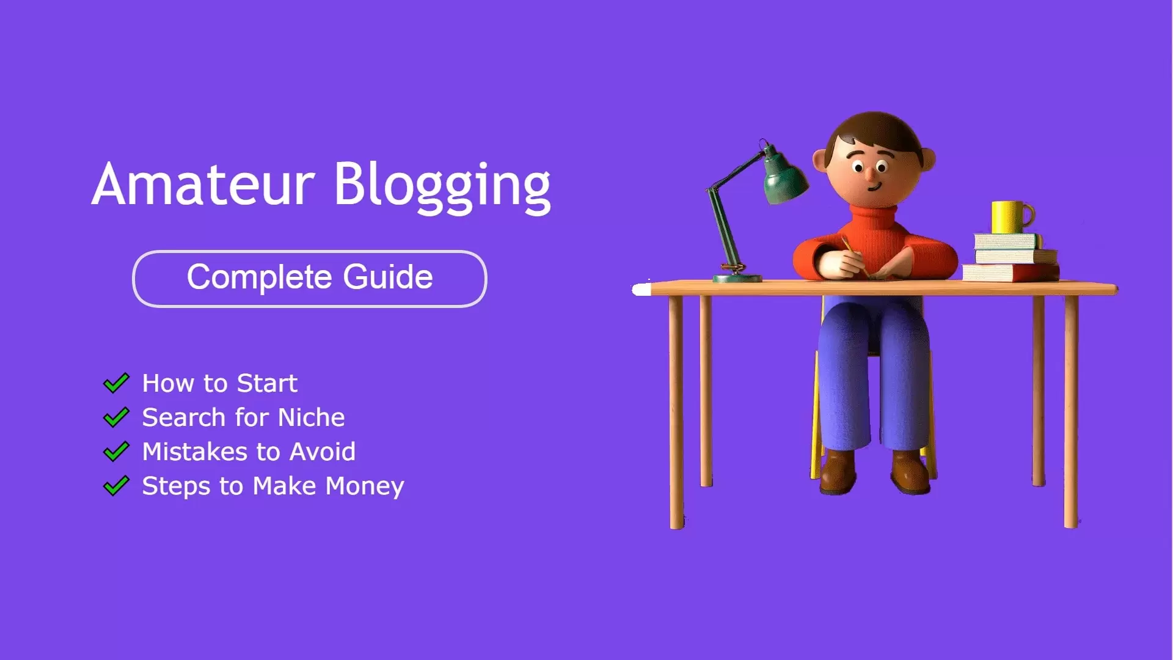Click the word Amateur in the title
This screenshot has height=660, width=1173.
tap(203, 185)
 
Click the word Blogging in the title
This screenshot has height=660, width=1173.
tap(442, 186)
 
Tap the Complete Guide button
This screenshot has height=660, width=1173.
tap(310, 278)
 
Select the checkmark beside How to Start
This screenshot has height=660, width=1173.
tap(116, 383)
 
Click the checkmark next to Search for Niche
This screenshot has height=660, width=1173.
tap(116, 417)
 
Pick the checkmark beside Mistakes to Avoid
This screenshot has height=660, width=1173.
tap(116, 452)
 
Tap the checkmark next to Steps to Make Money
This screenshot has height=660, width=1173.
tap(116, 486)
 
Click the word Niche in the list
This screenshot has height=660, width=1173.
tap(311, 417)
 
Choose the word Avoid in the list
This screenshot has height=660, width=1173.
tap(322, 452)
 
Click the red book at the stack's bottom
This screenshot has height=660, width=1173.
tap(1011, 273)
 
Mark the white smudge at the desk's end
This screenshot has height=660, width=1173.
tap(641, 289)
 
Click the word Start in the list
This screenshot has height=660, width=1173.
tap(267, 383)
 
